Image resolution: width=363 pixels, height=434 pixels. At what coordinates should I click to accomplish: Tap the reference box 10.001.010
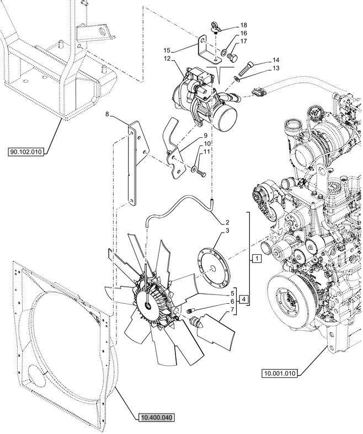point(280,373)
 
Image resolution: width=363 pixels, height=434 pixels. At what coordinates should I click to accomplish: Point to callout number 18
point(244,25)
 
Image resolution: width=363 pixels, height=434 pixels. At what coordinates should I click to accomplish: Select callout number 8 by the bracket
point(108,115)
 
